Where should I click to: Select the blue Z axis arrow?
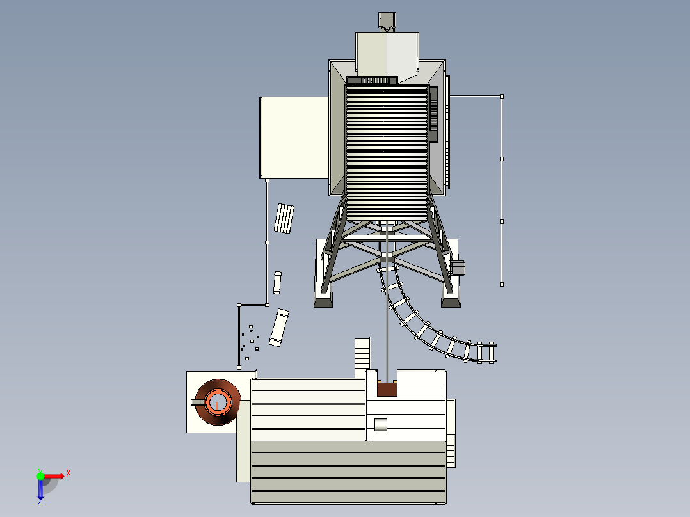click(x=40, y=491)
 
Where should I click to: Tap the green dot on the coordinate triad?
click(x=40, y=475)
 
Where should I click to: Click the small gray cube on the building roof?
click(x=381, y=424)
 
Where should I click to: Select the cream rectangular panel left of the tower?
click(x=294, y=137)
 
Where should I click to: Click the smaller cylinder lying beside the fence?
click(x=278, y=282)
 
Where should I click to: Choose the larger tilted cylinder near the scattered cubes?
click(x=279, y=327)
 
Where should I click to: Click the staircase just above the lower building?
click(x=362, y=356)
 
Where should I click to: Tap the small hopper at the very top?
click(x=387, y=20)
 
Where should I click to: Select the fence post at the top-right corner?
click(x=502, y=96)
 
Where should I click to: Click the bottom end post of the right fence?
click(x=502, y=283)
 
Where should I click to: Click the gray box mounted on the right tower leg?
click(x=458, y=267)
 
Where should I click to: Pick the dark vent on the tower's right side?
click(x=433, y=115)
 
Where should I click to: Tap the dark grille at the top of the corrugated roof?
click(x=372, y=81)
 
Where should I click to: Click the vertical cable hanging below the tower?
click(x=387, y=307)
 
